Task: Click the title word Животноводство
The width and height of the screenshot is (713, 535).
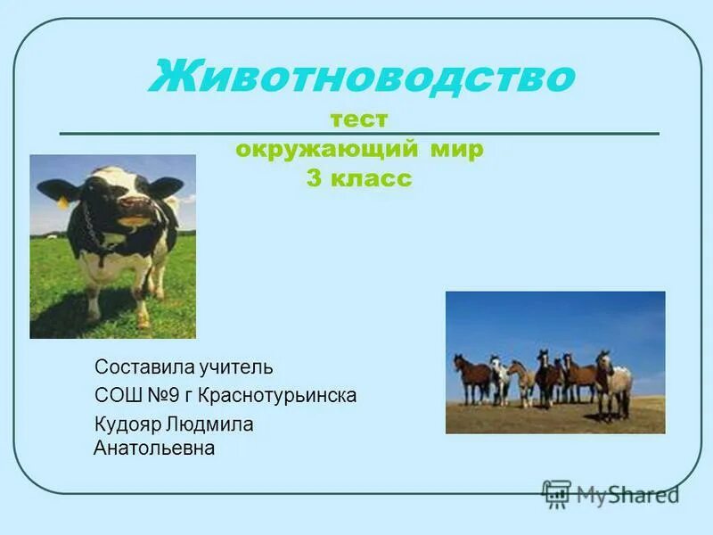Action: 361,78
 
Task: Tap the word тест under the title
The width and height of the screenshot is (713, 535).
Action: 359,119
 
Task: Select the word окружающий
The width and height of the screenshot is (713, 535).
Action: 311,149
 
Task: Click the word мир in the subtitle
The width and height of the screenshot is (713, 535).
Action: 454,149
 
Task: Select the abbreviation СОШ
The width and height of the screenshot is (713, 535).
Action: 116,395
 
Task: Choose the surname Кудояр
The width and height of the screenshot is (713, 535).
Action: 127,424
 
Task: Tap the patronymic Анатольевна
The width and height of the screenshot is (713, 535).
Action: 154,448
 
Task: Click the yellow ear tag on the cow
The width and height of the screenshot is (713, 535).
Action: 63,202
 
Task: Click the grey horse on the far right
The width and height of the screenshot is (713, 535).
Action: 614,383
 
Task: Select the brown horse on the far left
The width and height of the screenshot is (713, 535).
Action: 471,375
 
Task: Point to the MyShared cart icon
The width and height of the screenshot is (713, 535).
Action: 557,494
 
